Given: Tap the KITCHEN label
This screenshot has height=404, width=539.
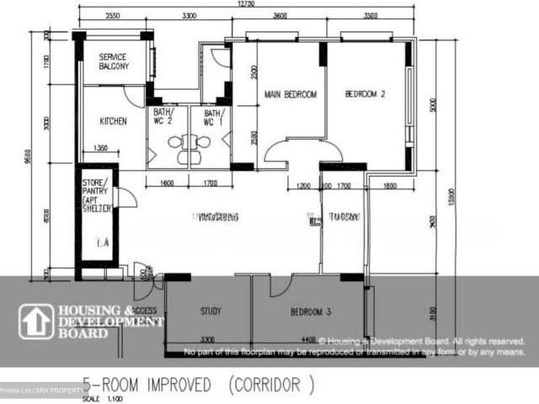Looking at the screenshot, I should (114, 121).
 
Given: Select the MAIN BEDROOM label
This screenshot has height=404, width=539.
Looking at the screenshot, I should (290, 95).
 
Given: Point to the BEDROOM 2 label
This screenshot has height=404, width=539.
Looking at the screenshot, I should (366, 95).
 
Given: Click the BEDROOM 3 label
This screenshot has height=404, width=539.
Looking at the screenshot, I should (311, 312).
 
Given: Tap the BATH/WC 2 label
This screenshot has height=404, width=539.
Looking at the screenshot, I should (163, 117).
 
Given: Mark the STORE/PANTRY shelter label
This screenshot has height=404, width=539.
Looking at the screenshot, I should (95, 196).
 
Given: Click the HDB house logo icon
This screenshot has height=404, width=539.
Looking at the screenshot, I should (36, 322).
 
